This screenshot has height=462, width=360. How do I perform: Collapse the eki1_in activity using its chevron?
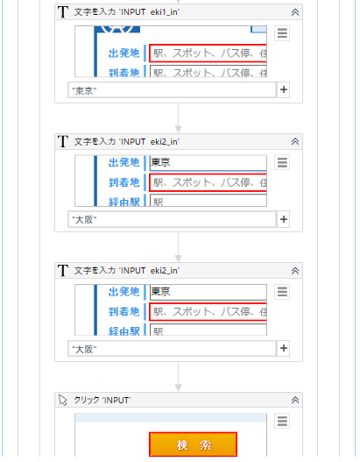pyautogui.click(x=295, y=12)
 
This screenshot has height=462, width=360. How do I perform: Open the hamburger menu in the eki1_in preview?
pyautogui.click(x=282, y=33)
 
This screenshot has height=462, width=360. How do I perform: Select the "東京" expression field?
pyautogui.click(x=172, y=89)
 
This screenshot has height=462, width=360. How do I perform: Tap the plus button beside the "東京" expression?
pyautogui.click(x=283, y=89)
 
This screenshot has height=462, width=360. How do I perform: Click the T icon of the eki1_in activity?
pyautogui.click(x=62, y=12)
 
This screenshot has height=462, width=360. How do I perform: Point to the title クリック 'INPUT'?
pyautogui.click(x=102, y=400)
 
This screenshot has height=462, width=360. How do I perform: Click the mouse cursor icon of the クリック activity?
pyautogui.click(x=62, y=400)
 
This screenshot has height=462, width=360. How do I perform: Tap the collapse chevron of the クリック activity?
pyautogui.click(x=295, y=400)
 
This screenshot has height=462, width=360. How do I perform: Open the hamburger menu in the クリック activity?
pyautogui.click(x=282, y=421)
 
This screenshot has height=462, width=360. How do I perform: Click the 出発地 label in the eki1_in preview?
pyautogui.click(x=124, y=53)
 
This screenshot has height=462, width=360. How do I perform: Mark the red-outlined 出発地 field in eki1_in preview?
pyautogui.click(x=208, y=53)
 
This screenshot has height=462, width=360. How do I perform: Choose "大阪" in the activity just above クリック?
pyautogui.click(x=172, y=348)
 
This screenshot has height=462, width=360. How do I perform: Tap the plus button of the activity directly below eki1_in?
pyautogui.click(x=283, y=218)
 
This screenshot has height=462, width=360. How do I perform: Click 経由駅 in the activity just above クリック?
pyautogui.click(x=124, y=331)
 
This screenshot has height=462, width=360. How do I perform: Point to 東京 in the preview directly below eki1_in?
pyautogui.click(x=161, y=162)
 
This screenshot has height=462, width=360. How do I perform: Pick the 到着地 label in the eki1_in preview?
pyautogui.click(x=124, y=71)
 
